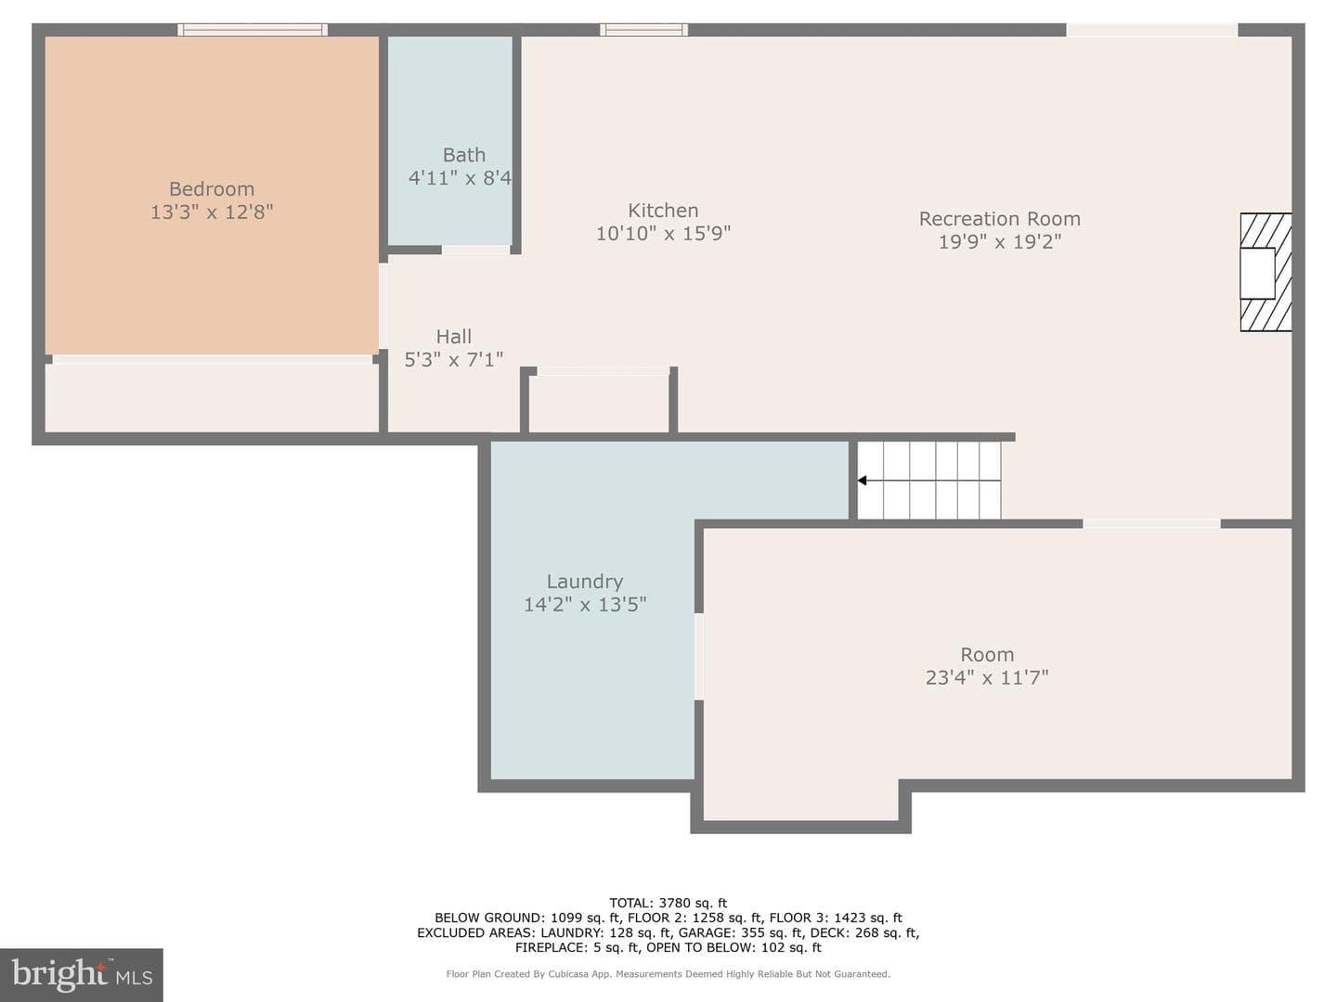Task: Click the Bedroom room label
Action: pos(212,189)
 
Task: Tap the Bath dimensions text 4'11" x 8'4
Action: pos(460,177)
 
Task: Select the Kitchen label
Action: pos(663,211)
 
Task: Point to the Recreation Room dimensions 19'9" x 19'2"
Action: pos(1000,241)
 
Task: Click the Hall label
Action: pos(454,337)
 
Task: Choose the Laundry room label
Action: pos(585,582)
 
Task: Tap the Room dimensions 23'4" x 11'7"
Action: pos(987,677)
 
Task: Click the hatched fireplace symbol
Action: pos(1266,272)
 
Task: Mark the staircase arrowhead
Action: pos(862,481)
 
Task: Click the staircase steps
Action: pos(928,480)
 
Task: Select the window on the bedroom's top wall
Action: pos(253,30)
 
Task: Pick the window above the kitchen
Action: pos(643,30)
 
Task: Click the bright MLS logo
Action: pos(82,974)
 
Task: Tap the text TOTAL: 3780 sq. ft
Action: pos(668,903)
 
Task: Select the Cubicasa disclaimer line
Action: pos(668,974)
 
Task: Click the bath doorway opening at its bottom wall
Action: pos(475,250)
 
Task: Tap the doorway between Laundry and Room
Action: pos(699,657)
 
